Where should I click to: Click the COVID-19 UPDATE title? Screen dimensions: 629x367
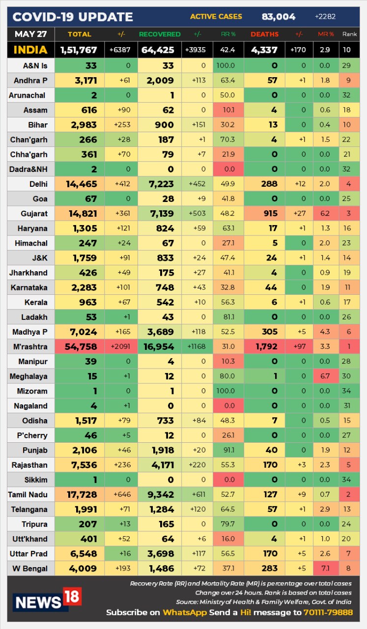coord(73,17)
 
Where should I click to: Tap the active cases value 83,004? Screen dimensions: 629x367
coord(279,17)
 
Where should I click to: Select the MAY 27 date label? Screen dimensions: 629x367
coord(30,34)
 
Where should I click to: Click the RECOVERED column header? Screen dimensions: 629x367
coord(160,34)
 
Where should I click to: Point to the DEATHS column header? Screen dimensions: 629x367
coord(264,34)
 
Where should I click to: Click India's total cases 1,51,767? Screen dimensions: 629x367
coord(79,50)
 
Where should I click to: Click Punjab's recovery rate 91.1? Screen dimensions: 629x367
coord(228,451)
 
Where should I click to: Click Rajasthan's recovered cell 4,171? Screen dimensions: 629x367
coord(161,465)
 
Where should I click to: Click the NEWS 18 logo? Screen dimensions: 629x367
coord(47,600)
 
